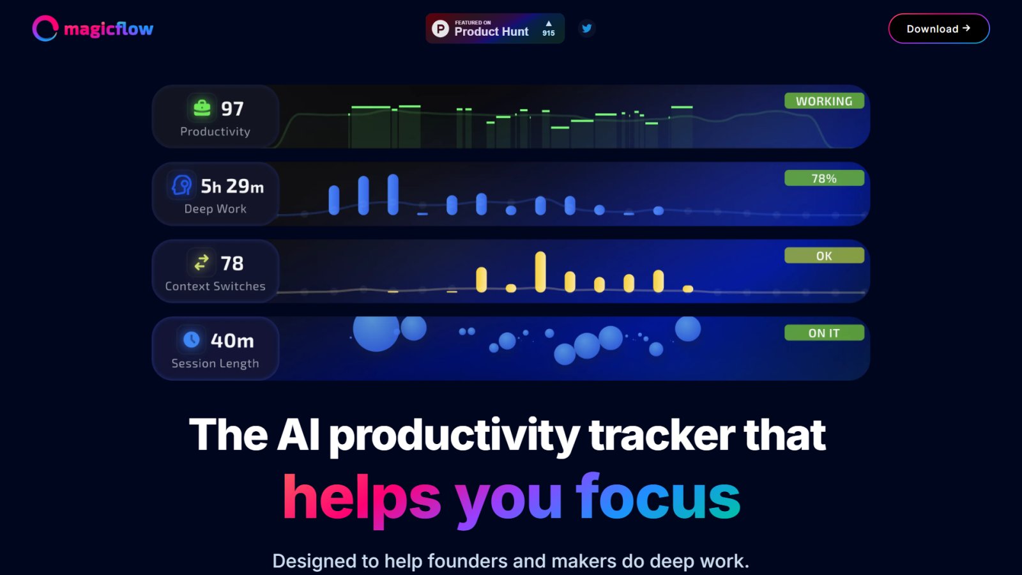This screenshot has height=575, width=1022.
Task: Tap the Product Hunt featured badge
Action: click(x=495, y=28)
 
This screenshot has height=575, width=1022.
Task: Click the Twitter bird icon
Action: click(x=587, y=28)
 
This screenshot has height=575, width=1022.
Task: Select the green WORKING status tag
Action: click(x=824, y=101)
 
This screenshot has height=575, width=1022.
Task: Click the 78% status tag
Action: click(x=824, y=178)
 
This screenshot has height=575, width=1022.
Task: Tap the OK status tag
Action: click(x=824, y=256)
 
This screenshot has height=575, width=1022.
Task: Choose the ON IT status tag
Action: click(x=824, y=333)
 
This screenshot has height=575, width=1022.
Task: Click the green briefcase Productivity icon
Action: click(x=202, y=108)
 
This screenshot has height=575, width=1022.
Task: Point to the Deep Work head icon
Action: click(x=181, y=185)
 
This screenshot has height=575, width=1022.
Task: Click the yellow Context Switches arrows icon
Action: click(x=201, y=263)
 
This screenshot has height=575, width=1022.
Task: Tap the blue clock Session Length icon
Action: click(x=191, y=339)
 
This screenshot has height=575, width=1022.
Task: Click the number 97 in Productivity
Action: click(x=233, y=109)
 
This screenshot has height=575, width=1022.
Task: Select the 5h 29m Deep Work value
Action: click(x=233, y=186)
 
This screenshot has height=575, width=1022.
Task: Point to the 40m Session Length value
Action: click(x=233, y=341)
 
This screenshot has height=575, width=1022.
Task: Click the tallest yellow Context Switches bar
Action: click(x=540, y=272)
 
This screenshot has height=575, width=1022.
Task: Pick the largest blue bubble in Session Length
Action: click(x=376, y=333)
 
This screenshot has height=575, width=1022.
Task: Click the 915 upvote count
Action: click(x=549, y=33)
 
